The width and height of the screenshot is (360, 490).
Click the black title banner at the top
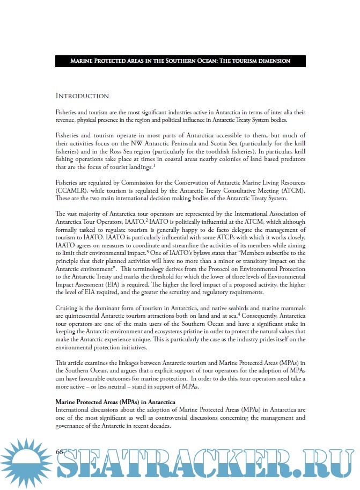pos(180,61)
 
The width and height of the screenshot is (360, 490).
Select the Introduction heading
pos(83,96)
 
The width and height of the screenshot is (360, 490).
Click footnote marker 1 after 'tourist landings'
pos(154,166)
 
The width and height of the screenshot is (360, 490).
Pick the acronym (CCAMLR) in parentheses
pos(73,191)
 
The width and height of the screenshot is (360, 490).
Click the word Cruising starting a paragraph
pos(68,309)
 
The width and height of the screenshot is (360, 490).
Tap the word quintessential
pos(83,317)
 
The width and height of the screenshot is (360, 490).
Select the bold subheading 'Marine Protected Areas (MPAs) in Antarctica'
pos(122,402)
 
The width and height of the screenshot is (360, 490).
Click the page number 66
pos(60,452)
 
